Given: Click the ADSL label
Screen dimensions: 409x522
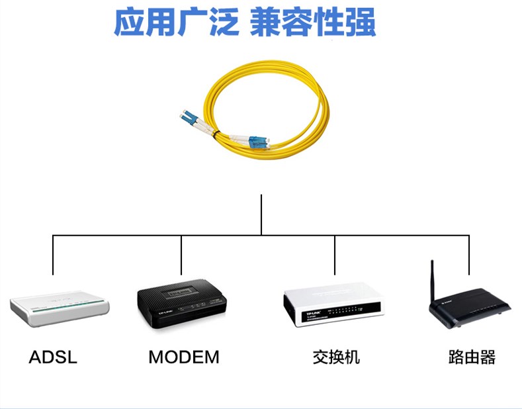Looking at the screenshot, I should (53, 358).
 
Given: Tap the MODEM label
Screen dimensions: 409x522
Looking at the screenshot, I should (183, 358).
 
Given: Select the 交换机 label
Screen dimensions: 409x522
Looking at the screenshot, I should (336, 358).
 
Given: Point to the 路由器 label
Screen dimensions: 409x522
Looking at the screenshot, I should (472, 358).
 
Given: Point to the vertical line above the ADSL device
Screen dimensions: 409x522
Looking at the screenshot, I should (54, 255).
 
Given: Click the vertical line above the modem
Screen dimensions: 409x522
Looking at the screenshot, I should (181, 255).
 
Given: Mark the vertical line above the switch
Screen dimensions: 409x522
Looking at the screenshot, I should (335, 255).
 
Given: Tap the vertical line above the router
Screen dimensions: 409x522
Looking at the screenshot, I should (469, 255).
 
